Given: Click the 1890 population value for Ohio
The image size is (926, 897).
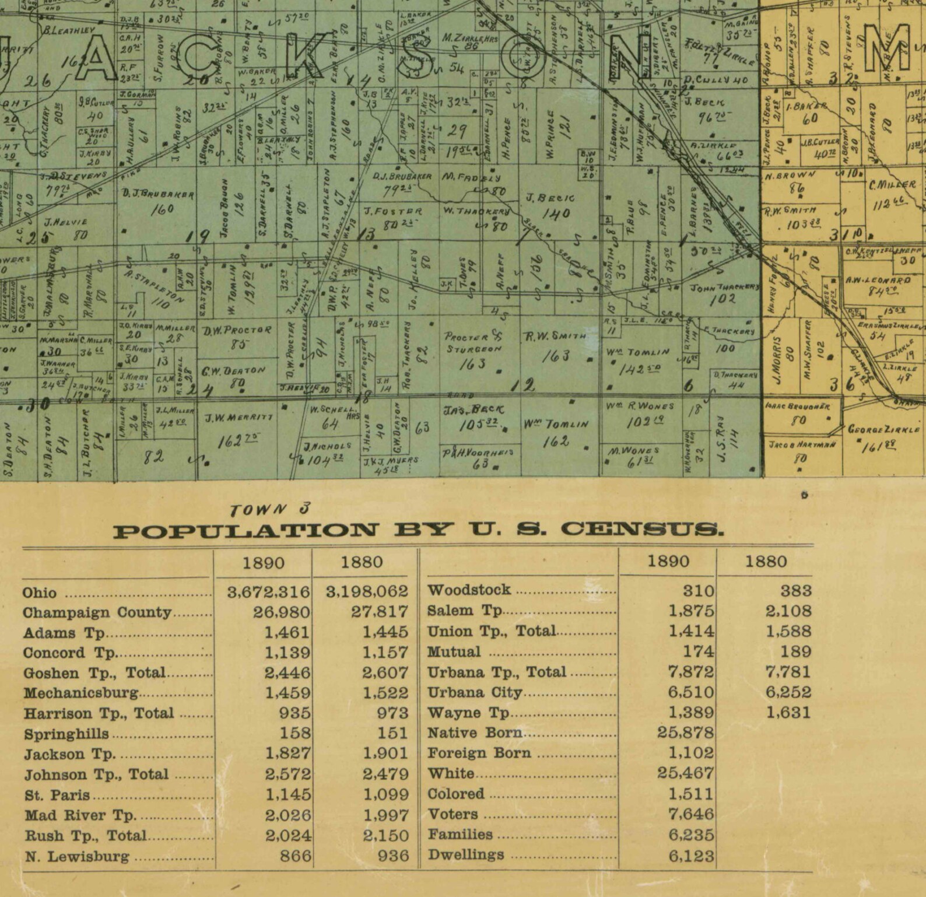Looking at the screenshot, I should tap(268, 592).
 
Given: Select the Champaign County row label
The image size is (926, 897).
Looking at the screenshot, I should tap(97, 613).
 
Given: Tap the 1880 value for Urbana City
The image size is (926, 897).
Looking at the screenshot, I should tap(787, 692).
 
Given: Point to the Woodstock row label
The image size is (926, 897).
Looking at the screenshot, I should tap(469, 590).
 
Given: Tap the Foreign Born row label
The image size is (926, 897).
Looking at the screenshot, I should tap(479, 753).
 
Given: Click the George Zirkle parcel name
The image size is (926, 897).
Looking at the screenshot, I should tap(883, 430).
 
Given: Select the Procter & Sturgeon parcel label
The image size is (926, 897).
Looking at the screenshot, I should tap(472, 343).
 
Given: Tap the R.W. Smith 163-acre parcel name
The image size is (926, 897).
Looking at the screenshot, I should tap(555, 337).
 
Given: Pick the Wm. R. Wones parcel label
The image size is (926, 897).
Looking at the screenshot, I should tap(639, 406).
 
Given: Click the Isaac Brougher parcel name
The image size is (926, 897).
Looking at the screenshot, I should tap(797, 406).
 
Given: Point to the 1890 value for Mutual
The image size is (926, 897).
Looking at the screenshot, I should tap(698, 651).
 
